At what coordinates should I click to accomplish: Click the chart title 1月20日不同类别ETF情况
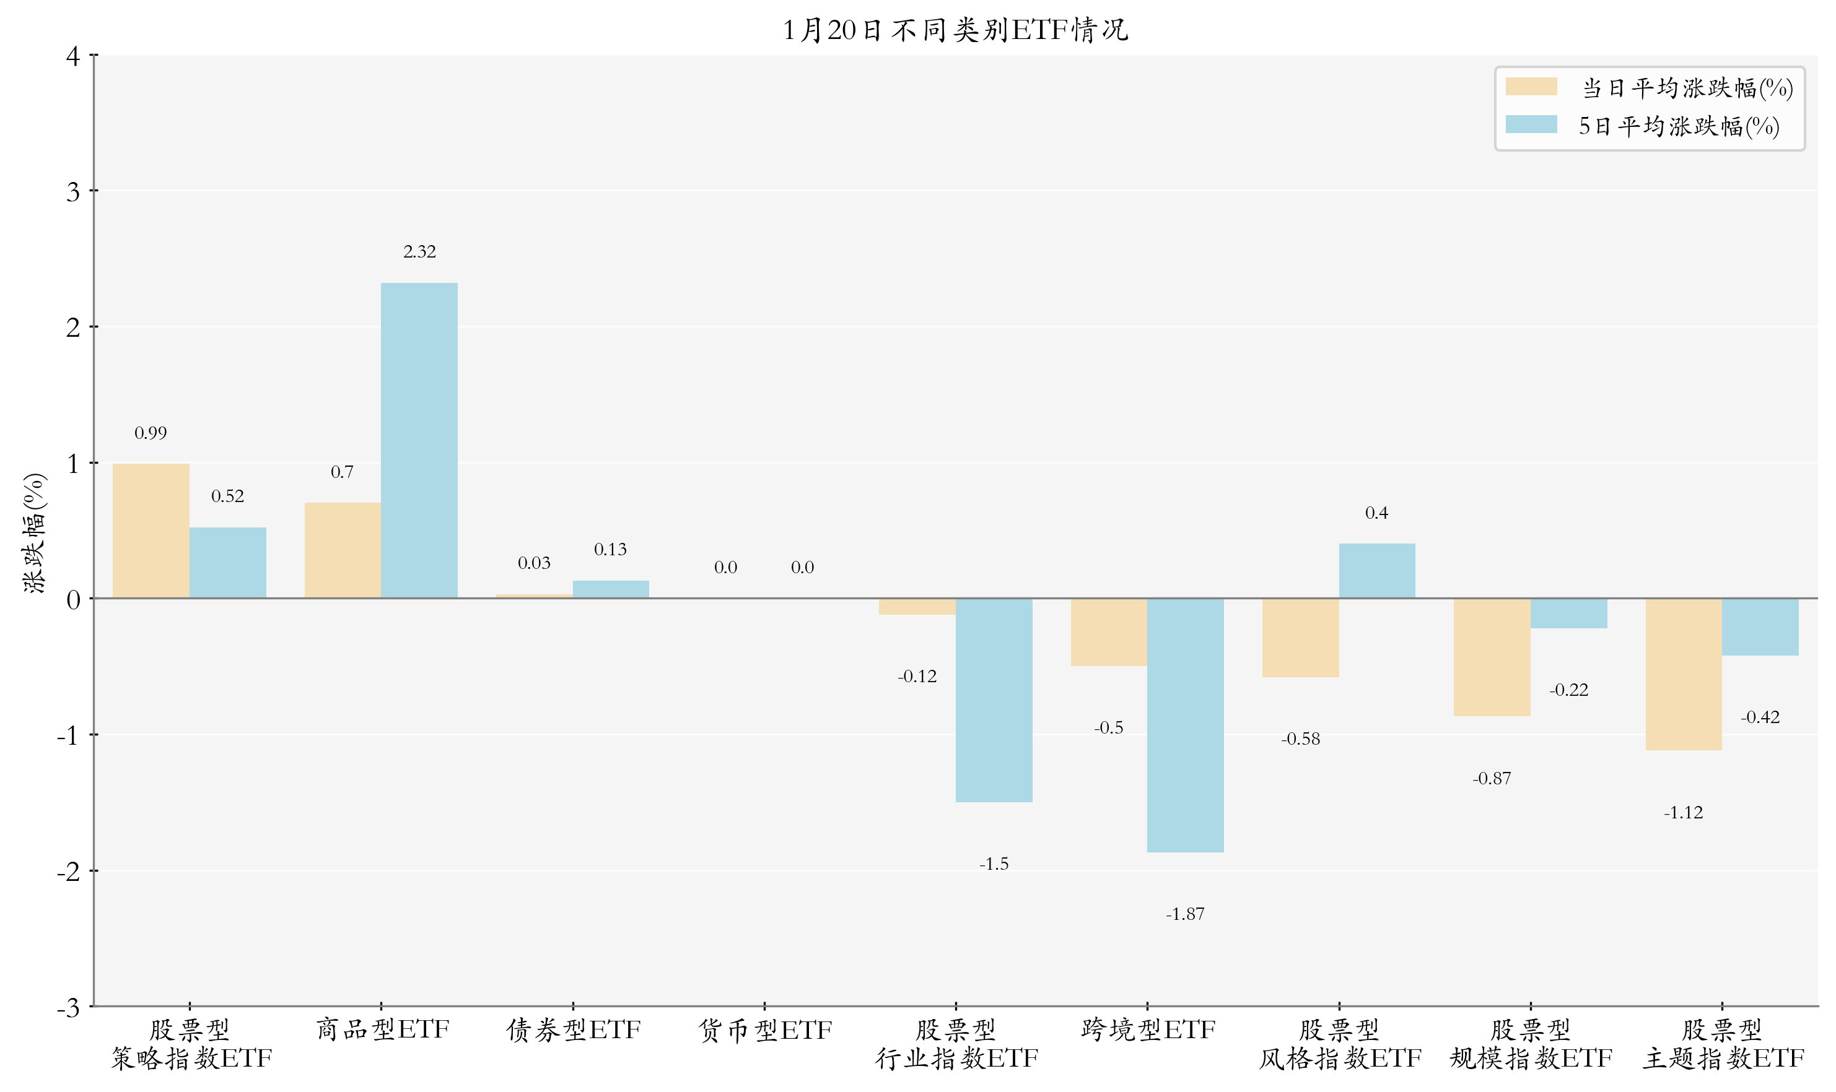(955, 30)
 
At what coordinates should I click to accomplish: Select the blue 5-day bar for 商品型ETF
(419, 440)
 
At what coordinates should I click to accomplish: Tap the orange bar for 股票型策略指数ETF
(151, 531)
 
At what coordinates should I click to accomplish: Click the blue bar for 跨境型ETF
(1185, 725)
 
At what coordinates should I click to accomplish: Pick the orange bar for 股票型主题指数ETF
(1684, 674)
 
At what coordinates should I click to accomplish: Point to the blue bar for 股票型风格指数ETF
(1376, 571)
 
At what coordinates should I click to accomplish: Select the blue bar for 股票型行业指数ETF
(994, 700)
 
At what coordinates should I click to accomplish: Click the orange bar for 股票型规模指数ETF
(1492, 657)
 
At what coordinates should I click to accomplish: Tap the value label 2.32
(419, 252)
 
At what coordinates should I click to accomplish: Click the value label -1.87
(1185, 914)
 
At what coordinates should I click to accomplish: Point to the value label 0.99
(151, 433)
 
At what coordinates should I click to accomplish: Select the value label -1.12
(1684, 812)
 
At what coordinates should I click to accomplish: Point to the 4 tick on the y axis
(73, 56)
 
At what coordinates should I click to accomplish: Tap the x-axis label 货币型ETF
(765, 1030)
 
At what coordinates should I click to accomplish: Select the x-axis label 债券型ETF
(574, 1030)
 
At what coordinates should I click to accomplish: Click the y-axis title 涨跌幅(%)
(35, 533)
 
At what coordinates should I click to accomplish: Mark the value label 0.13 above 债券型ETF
(610, 550)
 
